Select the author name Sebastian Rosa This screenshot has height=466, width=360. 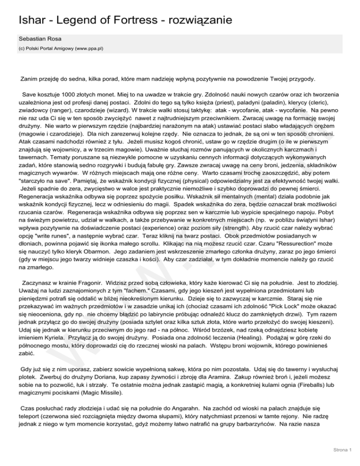click(41, 37)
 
